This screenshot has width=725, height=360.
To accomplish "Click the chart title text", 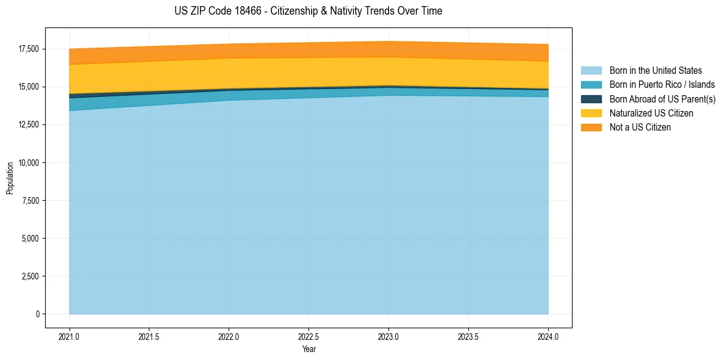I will [308, 11].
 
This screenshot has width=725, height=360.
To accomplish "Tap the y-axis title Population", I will [10, 178].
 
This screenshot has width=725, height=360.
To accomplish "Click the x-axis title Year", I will [309, 349].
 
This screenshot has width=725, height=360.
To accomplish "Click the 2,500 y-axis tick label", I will [29, 276].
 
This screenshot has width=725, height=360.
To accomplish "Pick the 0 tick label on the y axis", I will [37, 314].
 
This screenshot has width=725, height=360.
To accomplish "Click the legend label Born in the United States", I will [655, 71].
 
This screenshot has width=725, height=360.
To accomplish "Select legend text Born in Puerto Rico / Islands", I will [662, 85].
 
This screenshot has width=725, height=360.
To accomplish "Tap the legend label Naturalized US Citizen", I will [651, 113].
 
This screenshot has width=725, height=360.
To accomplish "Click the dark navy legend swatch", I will [591, 99].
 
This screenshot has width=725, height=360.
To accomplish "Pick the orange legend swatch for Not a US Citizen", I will [591, 128].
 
